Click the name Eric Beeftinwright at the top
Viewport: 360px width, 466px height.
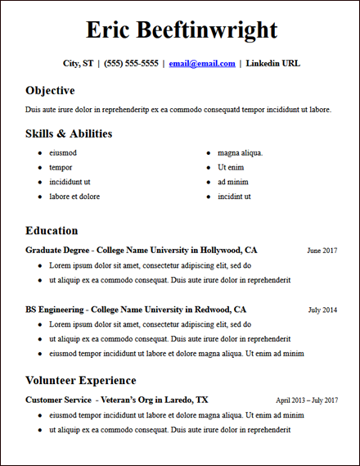point(181,30)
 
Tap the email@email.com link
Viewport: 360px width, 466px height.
point(202,63)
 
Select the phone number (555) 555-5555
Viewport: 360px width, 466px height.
point(131,63)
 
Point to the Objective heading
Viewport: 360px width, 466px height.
point(50,90)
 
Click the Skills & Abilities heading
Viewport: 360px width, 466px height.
point(69,133)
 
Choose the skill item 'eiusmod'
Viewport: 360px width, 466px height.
point(63,152)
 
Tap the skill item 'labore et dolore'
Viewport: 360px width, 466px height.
point(74,197)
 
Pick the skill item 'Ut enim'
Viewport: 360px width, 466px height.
point(232,167)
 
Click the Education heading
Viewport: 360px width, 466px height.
point(52,231)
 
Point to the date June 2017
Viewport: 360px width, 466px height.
point(322,251)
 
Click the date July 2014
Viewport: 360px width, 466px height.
point(322,310)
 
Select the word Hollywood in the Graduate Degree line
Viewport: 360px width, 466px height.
point(217,250)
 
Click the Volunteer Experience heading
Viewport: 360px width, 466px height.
point(81,381)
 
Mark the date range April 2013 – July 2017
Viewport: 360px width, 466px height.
point(307,400)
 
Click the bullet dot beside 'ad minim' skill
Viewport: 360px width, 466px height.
point(208,182)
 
